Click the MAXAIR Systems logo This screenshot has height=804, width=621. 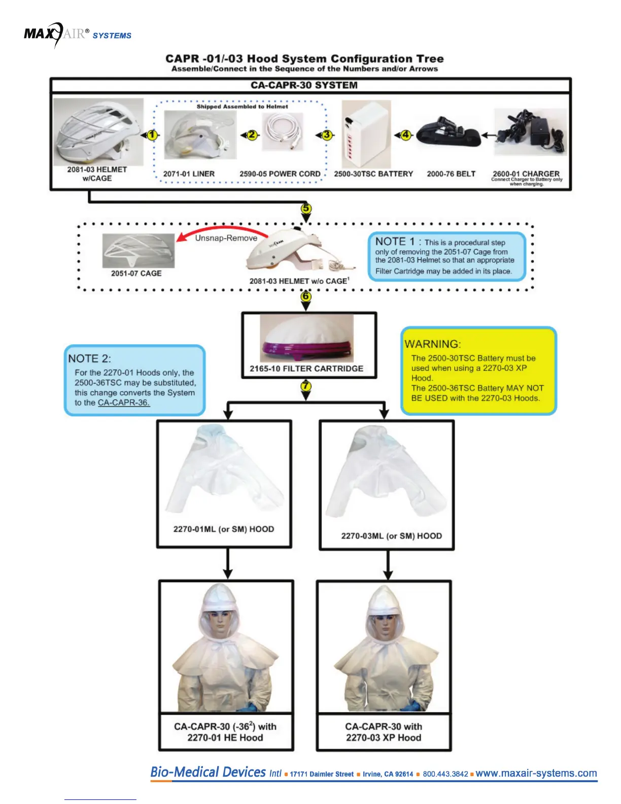click(77, 35)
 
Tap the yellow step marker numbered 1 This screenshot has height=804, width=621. click(152, 135)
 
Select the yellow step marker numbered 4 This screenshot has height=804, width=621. click(405, 135)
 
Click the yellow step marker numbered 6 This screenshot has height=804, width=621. click(305, 296)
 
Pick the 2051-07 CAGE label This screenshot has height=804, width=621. click(136, 273)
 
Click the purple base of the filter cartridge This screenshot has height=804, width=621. click(306, 350)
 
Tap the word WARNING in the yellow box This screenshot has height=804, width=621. click(433, 344)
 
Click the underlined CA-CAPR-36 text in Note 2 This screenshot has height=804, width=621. click(124, 403)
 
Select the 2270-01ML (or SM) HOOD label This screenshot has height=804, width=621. click(224, 529)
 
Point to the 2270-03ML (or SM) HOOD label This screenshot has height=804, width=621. click(391, 536)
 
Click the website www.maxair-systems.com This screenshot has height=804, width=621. click(536, 773)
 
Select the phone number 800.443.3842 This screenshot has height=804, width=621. click(445, 774)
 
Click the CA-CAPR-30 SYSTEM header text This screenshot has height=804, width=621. click(304, 85)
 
